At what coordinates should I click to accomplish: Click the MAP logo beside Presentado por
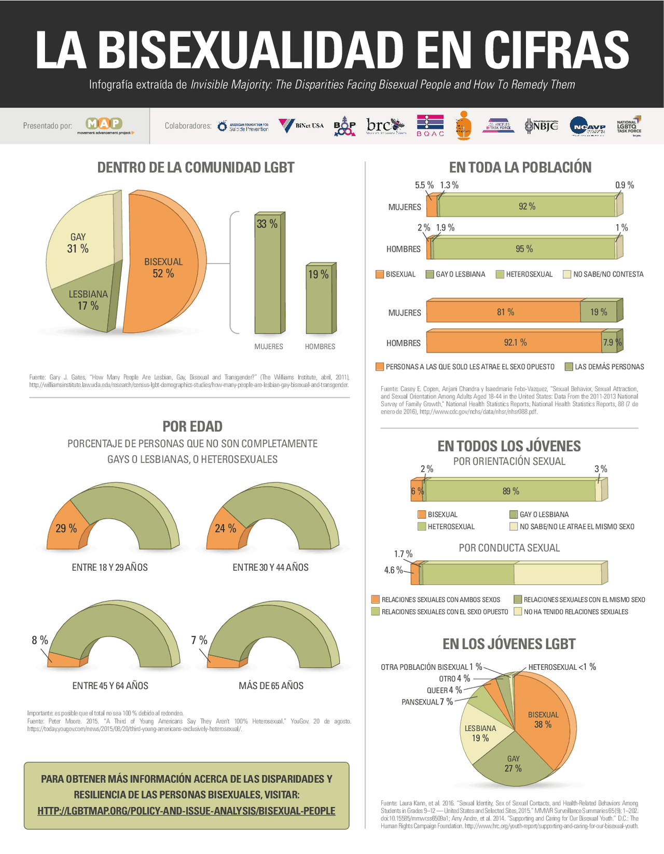point(104,125)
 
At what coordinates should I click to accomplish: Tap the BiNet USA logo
point(301,126)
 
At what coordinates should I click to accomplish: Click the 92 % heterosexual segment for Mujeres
point(527,206)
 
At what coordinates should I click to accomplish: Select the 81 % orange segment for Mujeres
point(504,312)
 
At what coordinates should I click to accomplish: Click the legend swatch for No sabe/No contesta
point(567,274)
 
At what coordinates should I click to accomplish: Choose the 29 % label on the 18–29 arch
point(66,528)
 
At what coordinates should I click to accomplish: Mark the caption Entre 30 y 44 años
point(270,568)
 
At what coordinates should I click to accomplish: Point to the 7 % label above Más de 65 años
point(199,640)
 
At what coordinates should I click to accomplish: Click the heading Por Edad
point(192,426)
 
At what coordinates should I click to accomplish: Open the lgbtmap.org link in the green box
point(186,811)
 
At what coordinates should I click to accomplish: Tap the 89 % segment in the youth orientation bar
point(510,491)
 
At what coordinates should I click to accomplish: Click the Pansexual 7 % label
point(427,702)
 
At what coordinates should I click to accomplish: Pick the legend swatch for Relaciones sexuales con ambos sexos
point(376,600)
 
